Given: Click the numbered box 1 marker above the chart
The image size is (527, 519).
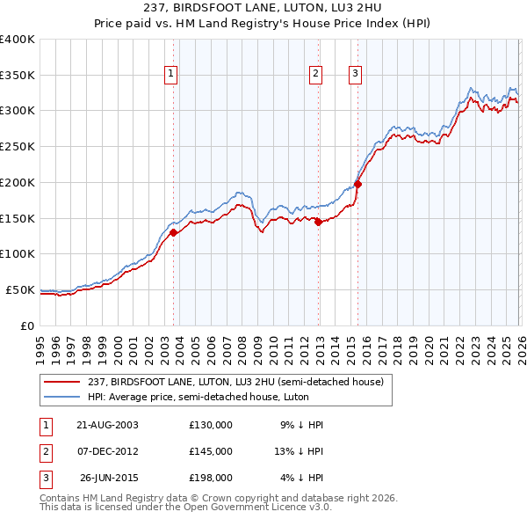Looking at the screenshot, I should tap(170, 74).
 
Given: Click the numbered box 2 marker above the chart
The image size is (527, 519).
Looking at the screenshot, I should tap(315, 74).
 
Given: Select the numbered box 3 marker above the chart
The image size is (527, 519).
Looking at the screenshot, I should tap(356, 74).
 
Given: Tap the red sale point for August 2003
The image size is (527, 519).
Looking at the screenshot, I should tap(174, 233).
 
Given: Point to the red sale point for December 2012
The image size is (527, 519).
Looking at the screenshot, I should tap(318, 222).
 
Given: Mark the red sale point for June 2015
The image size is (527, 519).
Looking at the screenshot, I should tap(357, 185).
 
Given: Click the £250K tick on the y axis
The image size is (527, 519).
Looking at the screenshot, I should tap(18, 146).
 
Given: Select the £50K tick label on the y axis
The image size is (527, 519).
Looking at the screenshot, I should tap(20, 289).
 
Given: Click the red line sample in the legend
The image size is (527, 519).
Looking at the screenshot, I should tap(62, 383).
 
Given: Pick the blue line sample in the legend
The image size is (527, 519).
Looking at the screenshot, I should tap(62, 398).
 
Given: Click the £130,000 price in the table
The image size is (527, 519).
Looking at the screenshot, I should tap(210, 425).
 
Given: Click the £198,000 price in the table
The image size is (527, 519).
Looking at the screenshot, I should tap(210, 478).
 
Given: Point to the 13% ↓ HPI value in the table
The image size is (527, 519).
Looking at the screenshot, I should tap(299, 451).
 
